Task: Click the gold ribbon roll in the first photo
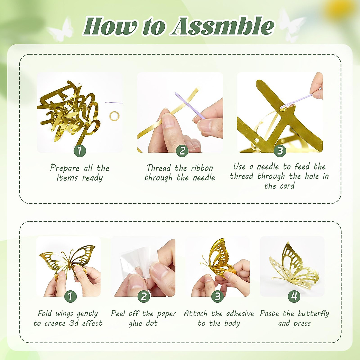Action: pos(114,116)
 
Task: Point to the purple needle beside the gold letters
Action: pos(113,103)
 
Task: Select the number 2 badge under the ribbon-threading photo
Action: pos(182,151)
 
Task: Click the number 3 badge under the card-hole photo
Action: pos(280,151)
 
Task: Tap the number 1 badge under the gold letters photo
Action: pos(80,151)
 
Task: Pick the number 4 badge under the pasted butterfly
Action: pos(294,296)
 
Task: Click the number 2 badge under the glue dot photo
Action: pos(144,297)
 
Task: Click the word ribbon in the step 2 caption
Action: pos(202,168)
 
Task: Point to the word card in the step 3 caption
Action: pos(287,186)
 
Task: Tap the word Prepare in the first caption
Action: pos(65,168)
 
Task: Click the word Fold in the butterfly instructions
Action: pos(45,313)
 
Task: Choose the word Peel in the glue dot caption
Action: pos(118,313)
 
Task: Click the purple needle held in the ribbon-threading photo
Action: pos(190,105)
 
